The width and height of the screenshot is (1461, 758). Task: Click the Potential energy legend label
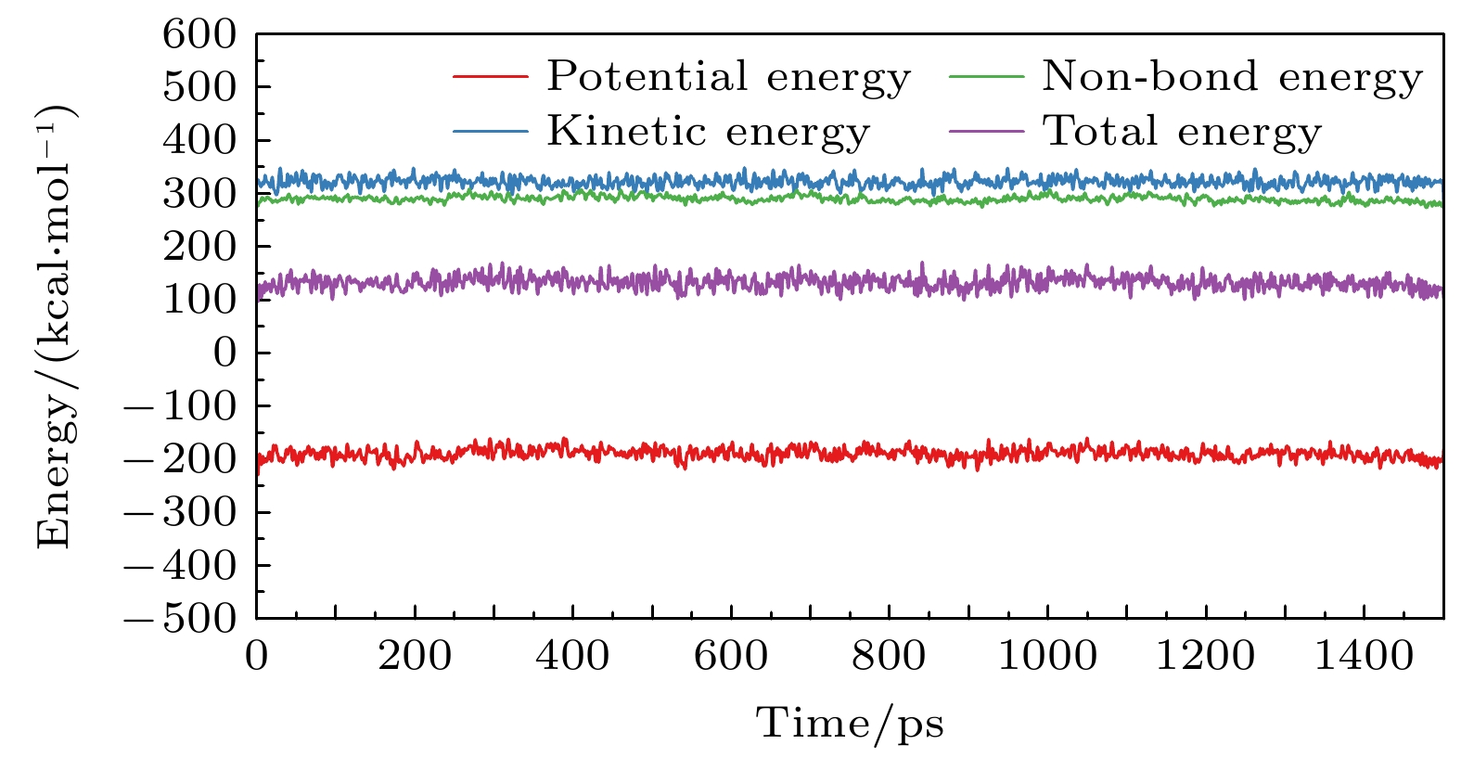(728, 77)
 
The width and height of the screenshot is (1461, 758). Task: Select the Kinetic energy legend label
(708, 131)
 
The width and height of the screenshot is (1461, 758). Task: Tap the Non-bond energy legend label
(1232, 77)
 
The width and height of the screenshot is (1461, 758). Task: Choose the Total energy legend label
(1182, 131)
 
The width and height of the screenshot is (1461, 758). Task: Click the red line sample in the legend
(490, 76)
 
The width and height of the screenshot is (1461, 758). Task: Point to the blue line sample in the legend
(490, 131)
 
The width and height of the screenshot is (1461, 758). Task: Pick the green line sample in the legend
(987, 76)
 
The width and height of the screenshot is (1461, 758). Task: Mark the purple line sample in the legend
(987, 131)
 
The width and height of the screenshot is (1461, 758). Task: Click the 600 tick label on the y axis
(199, 35)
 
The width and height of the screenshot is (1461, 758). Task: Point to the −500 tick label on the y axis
(181, 619)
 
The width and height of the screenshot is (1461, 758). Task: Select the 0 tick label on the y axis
(225, 353)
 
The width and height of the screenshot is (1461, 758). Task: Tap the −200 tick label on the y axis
(181, 459)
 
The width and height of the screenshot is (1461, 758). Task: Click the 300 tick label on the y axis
(199, 194)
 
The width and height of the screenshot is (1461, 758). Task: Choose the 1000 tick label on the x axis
(1047, 656)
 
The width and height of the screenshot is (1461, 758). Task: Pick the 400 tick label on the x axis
(572, 656)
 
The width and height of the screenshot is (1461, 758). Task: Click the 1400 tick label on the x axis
(1364, 656)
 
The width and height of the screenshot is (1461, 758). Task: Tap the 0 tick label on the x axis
(257, 656)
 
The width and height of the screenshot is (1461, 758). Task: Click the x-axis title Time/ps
(850, 723)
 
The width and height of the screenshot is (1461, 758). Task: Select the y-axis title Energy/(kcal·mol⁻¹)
(56, 327)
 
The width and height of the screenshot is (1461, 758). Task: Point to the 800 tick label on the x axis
(889, 656)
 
